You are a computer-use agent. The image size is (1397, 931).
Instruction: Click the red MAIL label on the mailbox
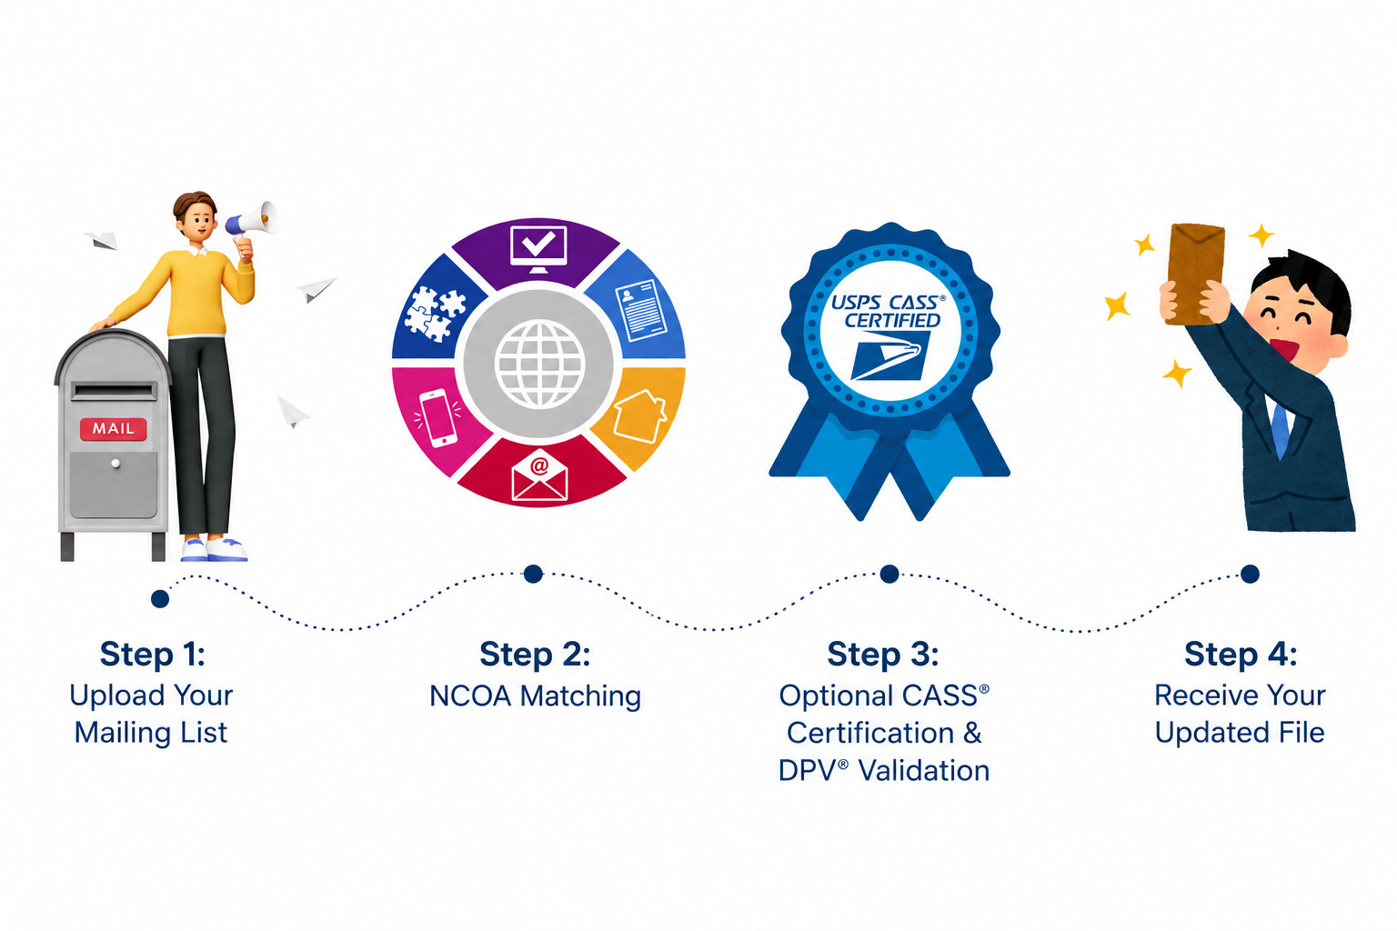coord(114,428)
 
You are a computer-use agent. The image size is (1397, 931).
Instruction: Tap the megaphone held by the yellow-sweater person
coord(251,219)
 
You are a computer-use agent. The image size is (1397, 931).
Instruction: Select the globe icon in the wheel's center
coord(540,364)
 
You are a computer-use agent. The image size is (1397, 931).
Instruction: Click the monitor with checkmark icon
coord(538,249)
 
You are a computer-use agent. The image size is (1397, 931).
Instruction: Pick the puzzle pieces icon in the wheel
coord(435,313)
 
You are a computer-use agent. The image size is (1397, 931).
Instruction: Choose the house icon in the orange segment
coord(640,415)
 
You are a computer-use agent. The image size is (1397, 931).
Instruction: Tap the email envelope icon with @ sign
coord(539,476)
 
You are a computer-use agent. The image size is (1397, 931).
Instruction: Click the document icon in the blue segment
coord(641,310)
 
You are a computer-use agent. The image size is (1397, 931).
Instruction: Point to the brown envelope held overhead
coord(1195,275)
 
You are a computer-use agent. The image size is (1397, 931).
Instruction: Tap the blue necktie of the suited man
coord(1280,431)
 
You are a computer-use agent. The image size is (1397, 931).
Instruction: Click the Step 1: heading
coord(152,654)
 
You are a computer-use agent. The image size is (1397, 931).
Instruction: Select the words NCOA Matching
coord(535,696)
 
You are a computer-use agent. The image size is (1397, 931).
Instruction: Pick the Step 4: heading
coord(1241,654)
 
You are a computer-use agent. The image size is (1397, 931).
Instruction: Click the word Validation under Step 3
coord(924,771)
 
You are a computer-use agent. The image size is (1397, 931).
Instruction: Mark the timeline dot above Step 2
coord(533,574)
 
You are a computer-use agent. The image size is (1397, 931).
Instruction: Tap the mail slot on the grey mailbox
coord(114,392)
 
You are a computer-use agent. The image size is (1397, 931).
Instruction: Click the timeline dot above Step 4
coord(1250,574)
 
